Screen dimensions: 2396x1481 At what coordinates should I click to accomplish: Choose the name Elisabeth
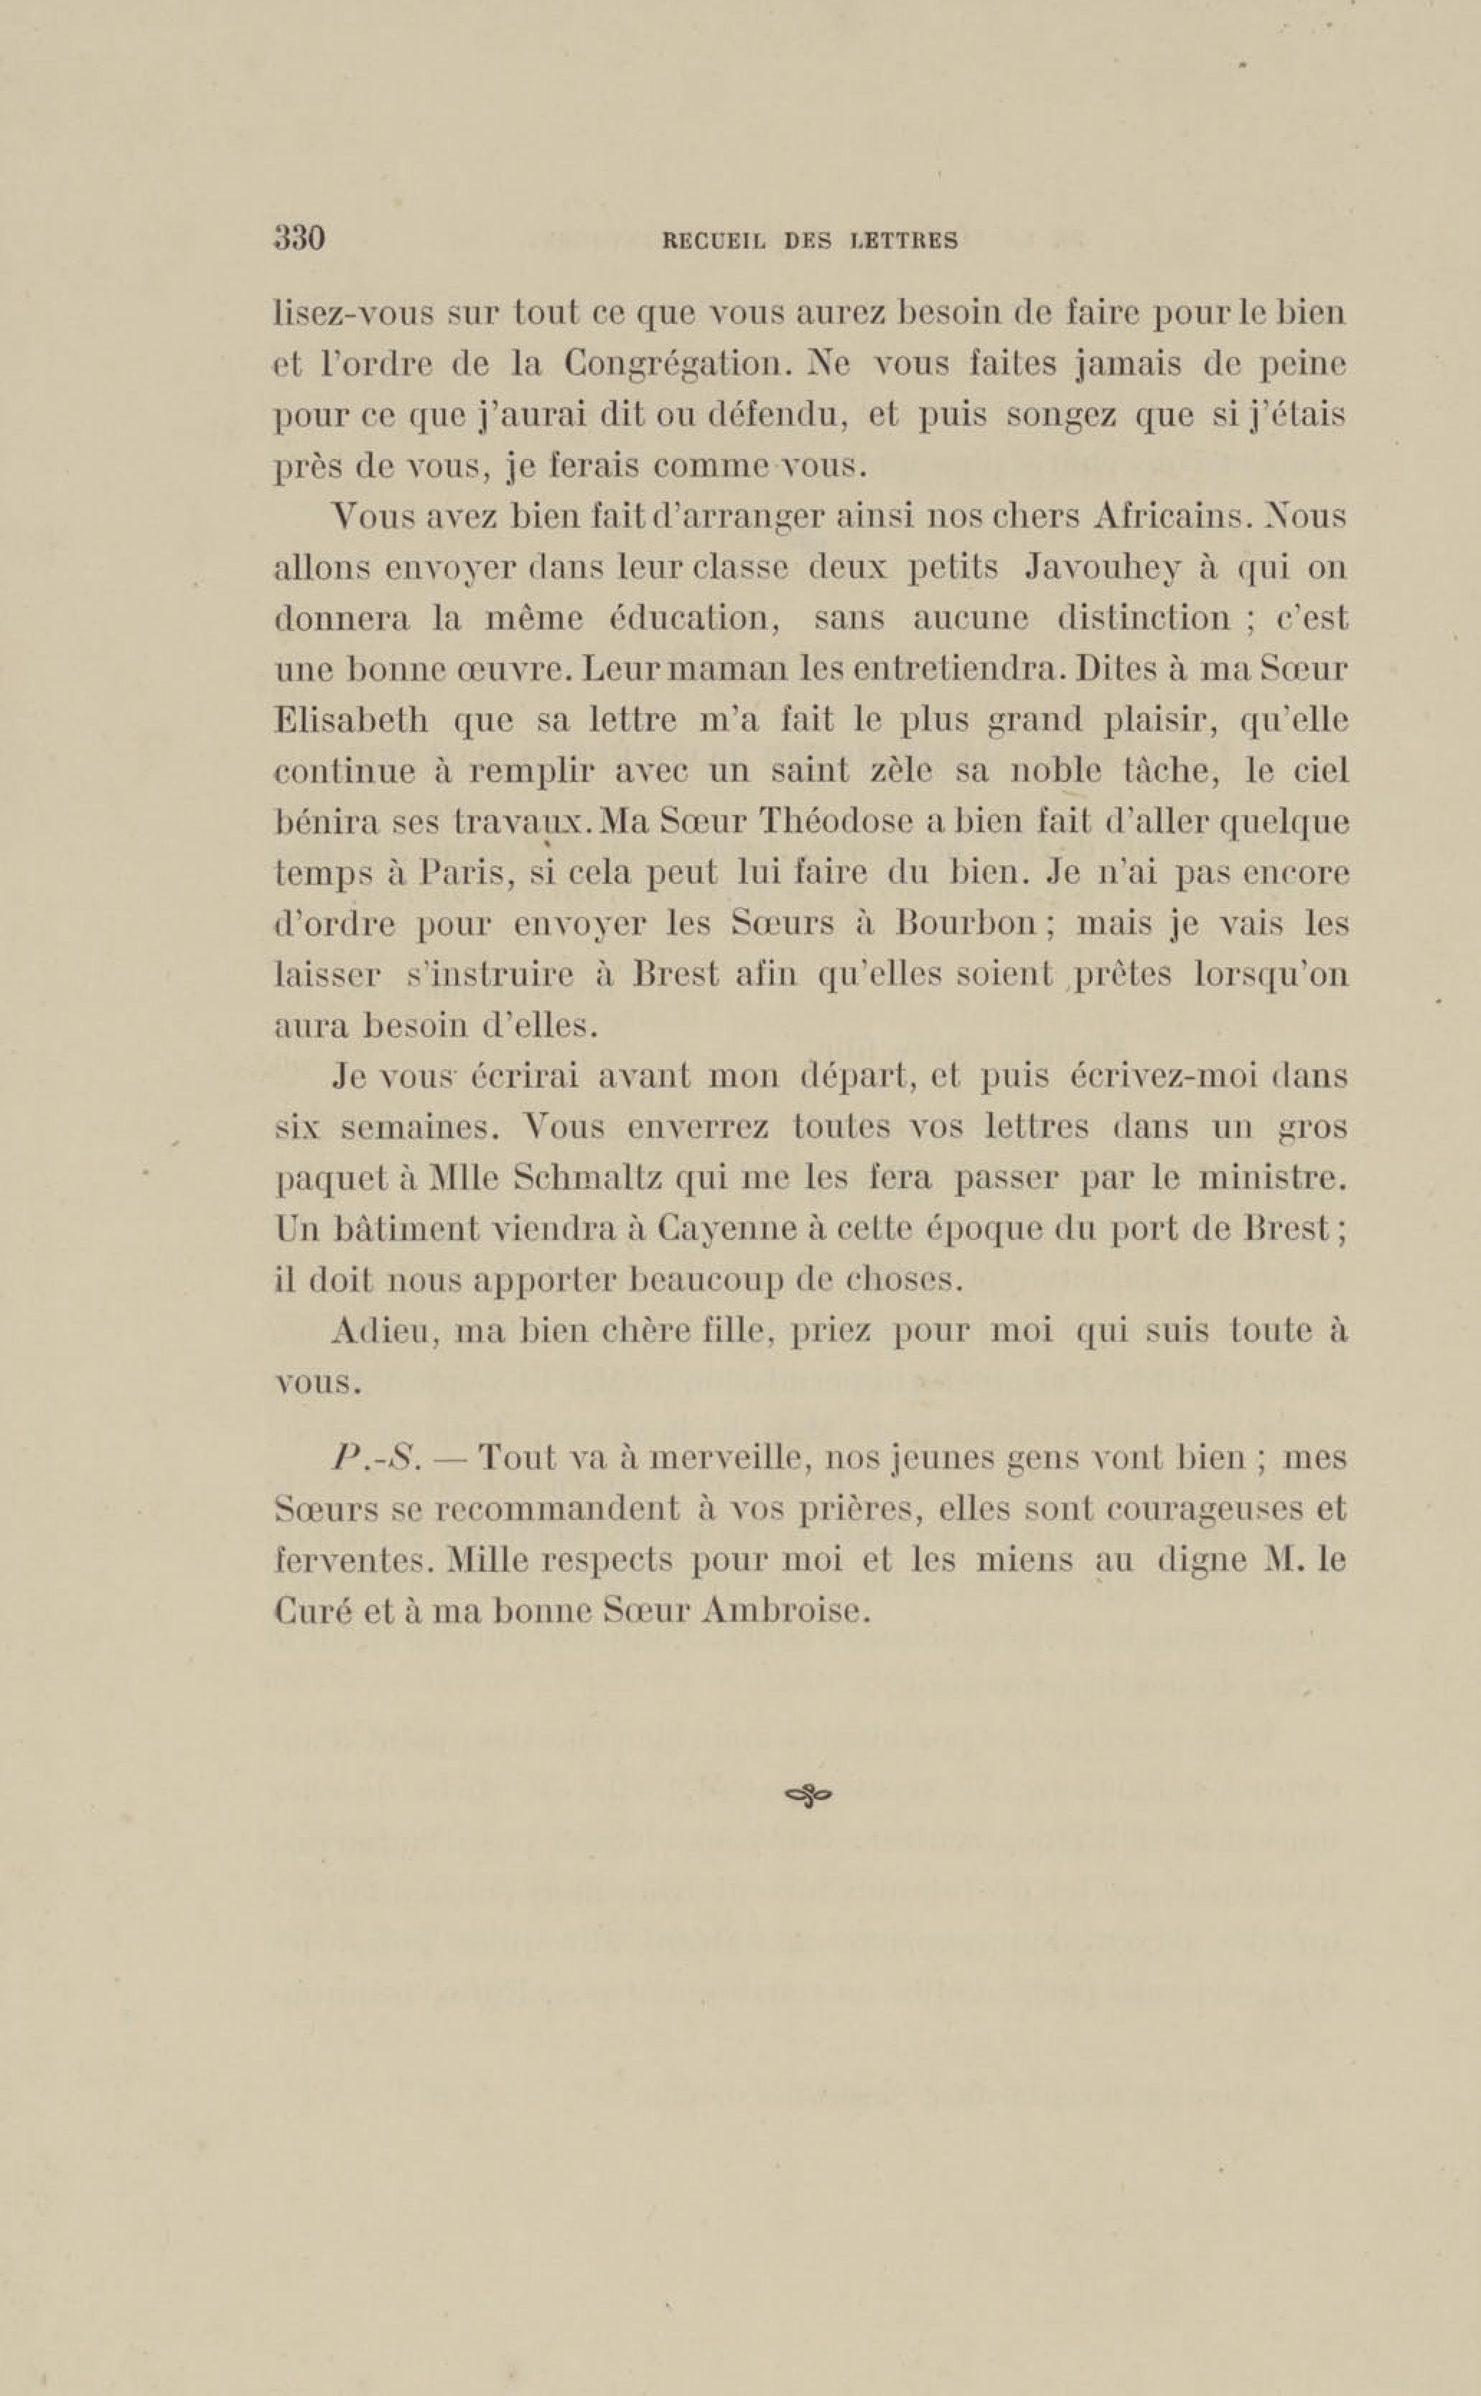pos(350,721)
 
